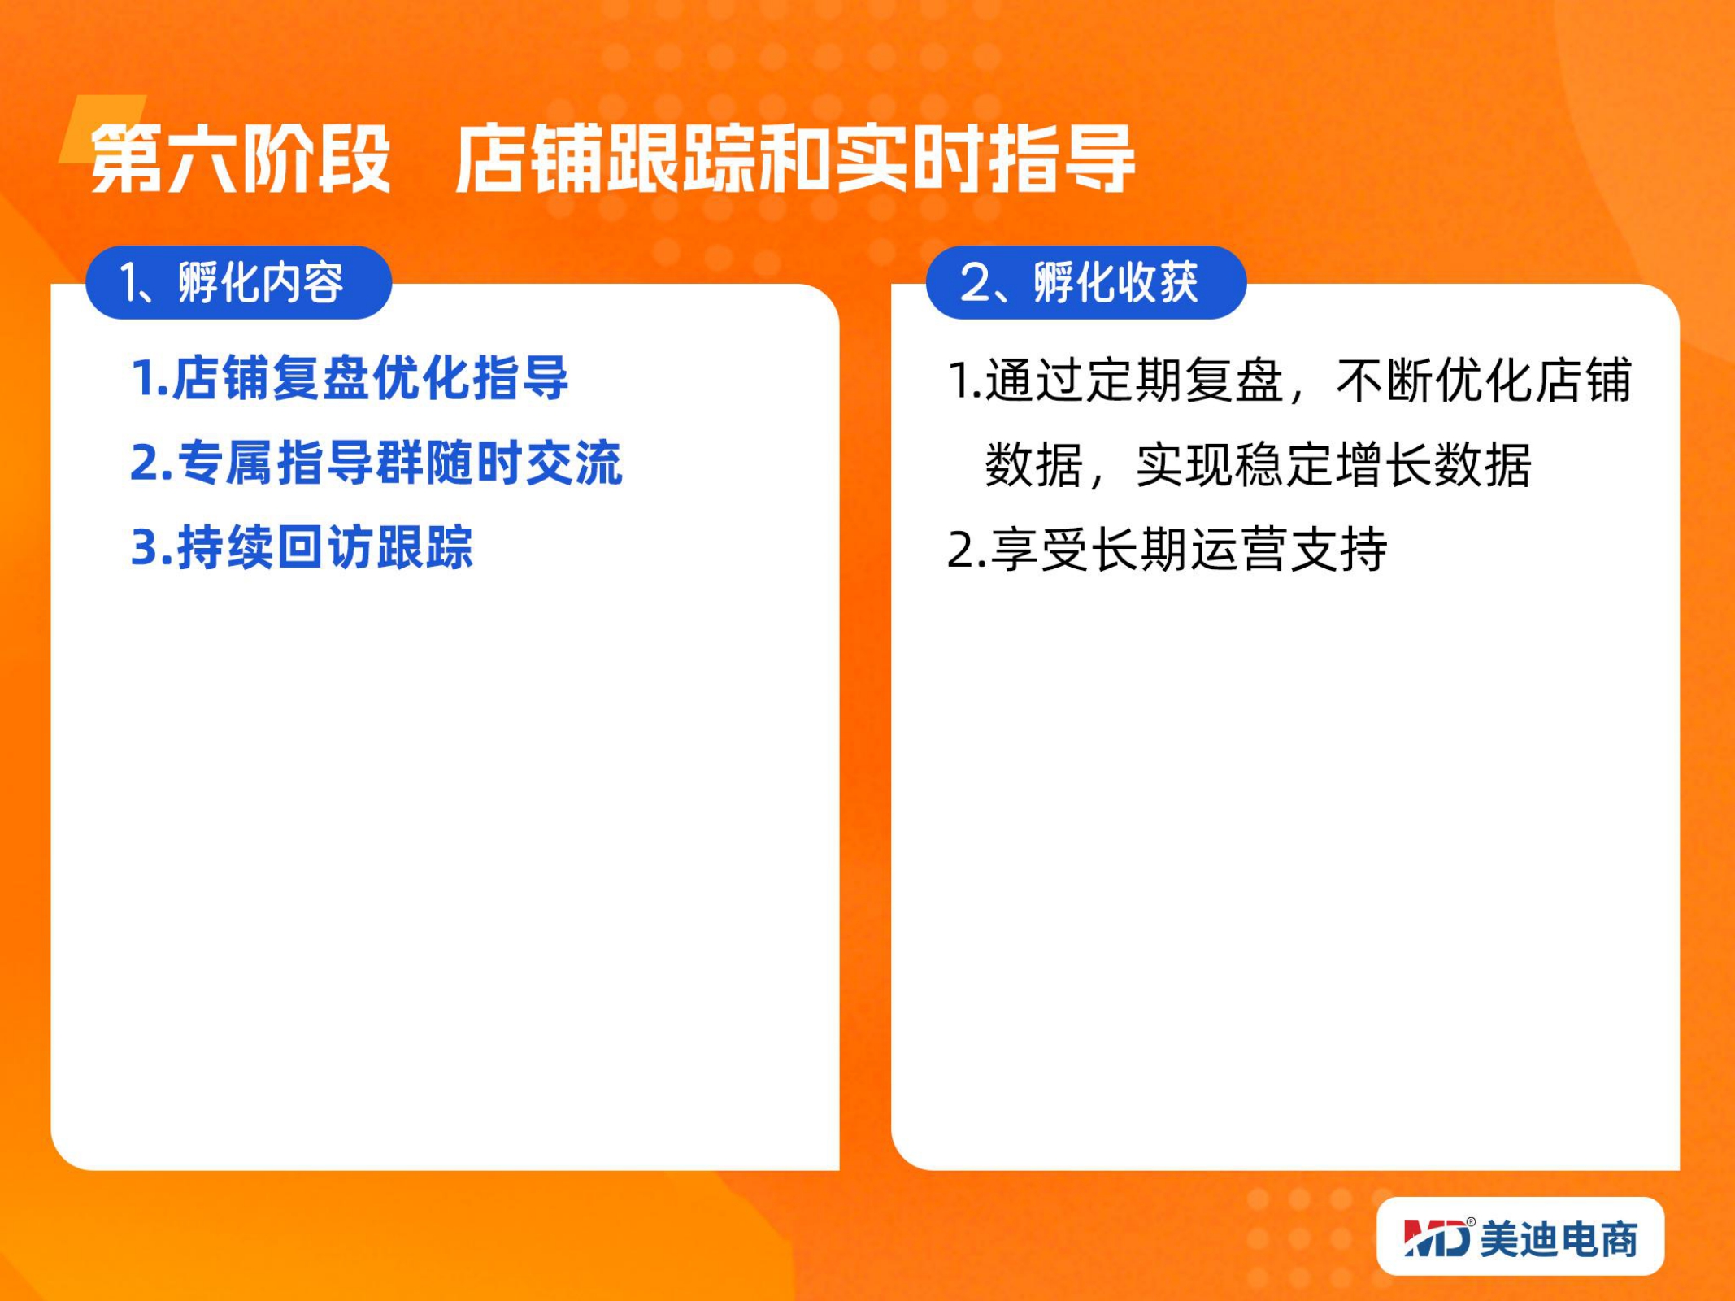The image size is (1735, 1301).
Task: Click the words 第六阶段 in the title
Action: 241,159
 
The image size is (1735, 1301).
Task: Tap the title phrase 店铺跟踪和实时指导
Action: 795,159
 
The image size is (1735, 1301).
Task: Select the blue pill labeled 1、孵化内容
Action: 239,282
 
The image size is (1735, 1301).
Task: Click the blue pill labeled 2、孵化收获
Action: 1086,282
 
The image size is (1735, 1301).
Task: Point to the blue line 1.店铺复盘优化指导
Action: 350,378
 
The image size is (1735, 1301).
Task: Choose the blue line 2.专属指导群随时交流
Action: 376,463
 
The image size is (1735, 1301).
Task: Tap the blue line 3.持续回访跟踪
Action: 302,547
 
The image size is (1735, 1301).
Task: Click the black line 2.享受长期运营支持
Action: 1168,550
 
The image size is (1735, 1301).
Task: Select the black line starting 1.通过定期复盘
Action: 1290,380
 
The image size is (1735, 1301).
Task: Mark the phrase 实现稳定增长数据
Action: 1333,465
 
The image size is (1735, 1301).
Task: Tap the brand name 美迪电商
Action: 1559,1239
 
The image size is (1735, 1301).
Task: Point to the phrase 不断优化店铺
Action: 1485,380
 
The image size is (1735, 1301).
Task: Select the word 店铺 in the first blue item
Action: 220,378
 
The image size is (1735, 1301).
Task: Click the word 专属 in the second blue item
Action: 227,463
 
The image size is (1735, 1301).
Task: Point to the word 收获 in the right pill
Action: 1157,282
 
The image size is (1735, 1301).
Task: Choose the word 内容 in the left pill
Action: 302,282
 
